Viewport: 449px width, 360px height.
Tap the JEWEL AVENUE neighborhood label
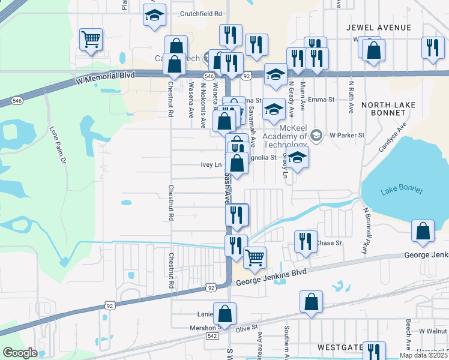click(379, 28)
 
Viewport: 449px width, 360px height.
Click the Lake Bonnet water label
click(402, 191)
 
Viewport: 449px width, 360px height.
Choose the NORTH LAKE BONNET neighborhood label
click(388, 109)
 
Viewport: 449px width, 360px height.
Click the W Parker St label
click(347, 136)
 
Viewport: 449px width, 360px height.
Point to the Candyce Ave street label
click(393, 137)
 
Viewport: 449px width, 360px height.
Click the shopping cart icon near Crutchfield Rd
click(91, 40)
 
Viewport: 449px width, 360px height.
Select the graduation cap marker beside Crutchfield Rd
click(155, 16)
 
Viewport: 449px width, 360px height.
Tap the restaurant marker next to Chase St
click(306, 241)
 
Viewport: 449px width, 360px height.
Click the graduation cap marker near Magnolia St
click(297, 158)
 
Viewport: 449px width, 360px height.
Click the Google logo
click(20, 353)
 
